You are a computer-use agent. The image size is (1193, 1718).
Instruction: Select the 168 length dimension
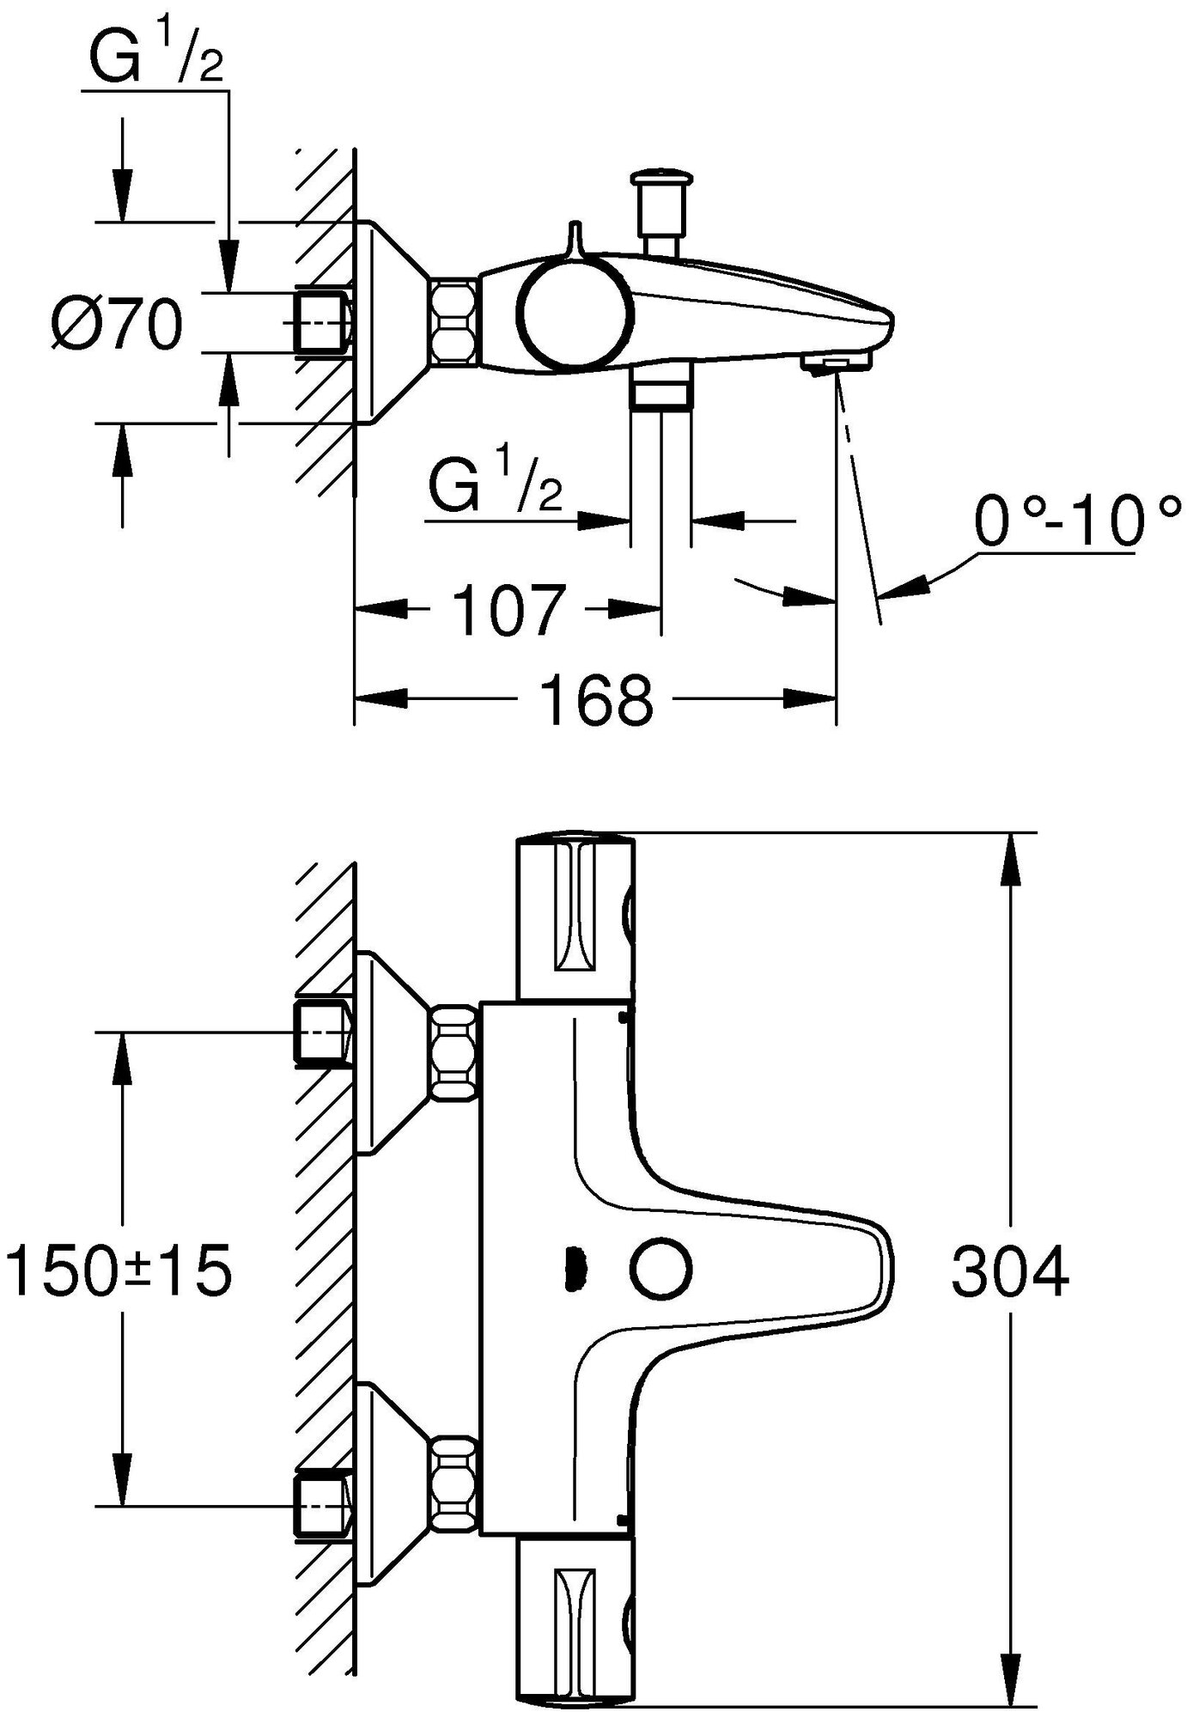(x=596, y=699)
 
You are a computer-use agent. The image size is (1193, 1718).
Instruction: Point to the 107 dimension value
(x=508, y=611)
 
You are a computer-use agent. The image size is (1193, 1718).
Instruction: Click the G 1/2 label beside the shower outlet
(x=495, y=486)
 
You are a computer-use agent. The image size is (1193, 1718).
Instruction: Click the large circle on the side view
(x=575, y=315)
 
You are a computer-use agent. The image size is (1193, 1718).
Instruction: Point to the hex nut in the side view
(x=453, y=319)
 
